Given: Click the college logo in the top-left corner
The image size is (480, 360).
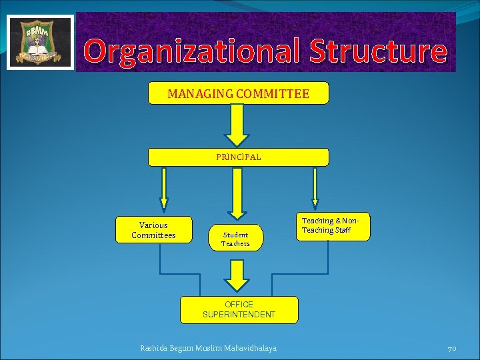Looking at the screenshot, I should coord(40,42).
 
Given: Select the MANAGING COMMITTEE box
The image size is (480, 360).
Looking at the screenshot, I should coord(238,93).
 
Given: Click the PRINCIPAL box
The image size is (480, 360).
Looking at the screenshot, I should coord(238,157).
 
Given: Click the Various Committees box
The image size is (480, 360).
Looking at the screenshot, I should coord(153,229).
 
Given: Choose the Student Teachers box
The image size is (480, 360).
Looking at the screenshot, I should coord(235,239).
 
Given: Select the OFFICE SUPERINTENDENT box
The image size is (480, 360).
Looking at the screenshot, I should coord(239,309).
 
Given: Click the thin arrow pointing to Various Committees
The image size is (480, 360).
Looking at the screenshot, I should coord(163,190).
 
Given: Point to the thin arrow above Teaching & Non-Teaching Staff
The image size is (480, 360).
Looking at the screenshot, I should coord(315,189).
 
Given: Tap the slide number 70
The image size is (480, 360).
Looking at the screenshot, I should coord(451,348).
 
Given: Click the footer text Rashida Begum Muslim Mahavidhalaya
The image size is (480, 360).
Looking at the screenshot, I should coord(208,348).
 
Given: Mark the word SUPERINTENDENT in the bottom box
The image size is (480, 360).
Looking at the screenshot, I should coord(239,315).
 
